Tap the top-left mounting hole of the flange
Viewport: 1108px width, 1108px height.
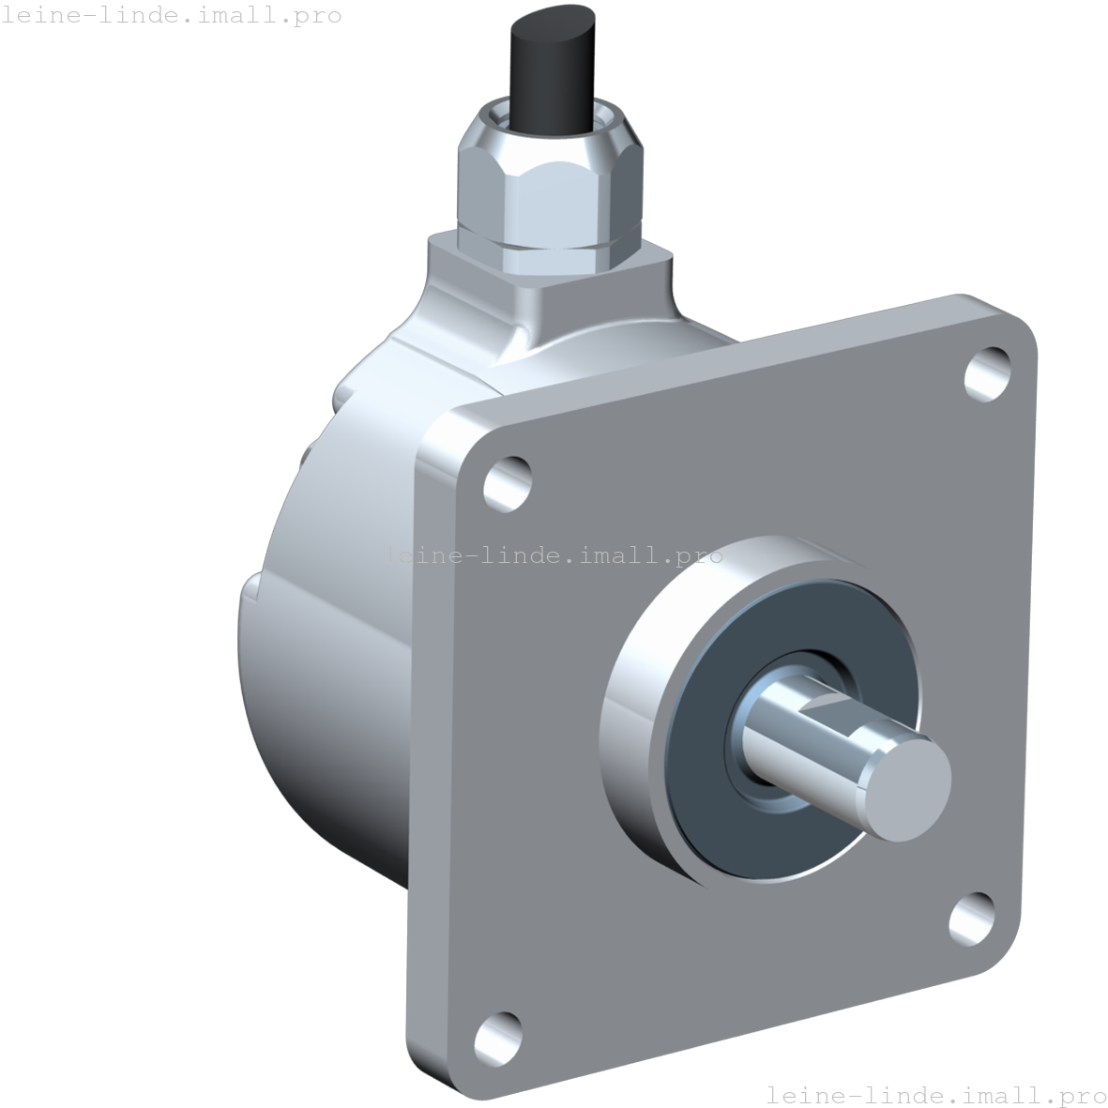point(507,482)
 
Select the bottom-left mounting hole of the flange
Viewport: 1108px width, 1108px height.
point(497,1037)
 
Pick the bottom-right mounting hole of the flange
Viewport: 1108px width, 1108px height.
point(972,917)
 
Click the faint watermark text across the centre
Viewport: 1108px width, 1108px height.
point(554,555)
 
